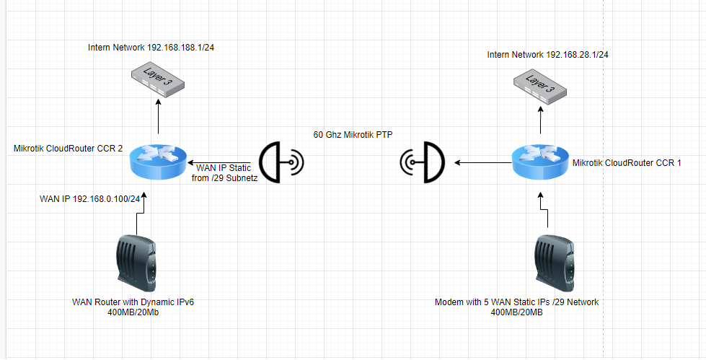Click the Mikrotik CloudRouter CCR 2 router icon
[x=159, y=162]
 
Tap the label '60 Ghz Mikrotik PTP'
[x=353, y=135]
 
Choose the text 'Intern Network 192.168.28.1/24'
[x=548, y=55]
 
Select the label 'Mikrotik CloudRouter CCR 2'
[x=68, y=148]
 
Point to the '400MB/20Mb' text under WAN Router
[x=133, y=312]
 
